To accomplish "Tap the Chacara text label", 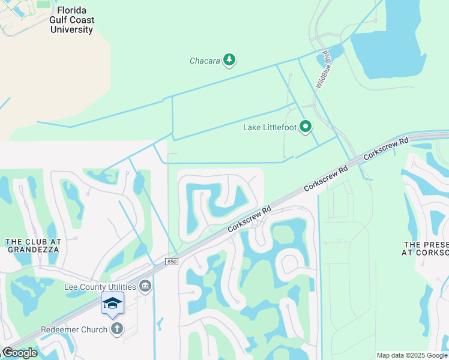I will tap(205, 61).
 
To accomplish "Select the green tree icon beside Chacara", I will tap(229, 59).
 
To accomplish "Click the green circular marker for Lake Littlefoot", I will tap(306, 126).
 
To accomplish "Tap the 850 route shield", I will tap(173, 262).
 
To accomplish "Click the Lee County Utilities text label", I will tap(100, 287).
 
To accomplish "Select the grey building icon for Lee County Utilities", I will tap(145, 286).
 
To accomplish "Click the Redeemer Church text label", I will tap(74, 329).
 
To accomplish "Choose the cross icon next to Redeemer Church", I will tap(117, 329).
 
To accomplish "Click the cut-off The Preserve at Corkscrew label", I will tap(426, 249).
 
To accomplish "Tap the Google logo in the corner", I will tap(20, 353).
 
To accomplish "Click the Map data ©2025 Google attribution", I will tap(412, 355).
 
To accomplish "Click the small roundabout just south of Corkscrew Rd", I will tap(255, 224).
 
